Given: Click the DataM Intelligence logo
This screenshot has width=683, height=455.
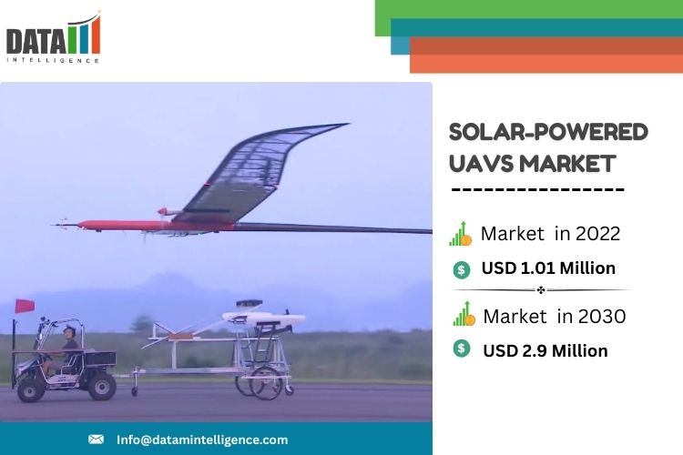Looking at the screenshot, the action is click(x=54, y=38).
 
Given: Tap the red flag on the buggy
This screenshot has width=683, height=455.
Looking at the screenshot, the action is click(x=25, y=306).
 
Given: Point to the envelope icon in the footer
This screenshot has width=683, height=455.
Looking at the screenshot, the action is click(x=96, y=440).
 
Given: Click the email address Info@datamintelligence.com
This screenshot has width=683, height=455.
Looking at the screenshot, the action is click(x=202, y=440).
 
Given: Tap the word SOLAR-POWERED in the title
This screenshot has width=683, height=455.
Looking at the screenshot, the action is click(x=548, y=132).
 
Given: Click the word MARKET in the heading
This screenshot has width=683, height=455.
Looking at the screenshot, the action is click(x=567, y=164).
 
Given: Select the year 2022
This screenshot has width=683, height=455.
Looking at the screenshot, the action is click(x=597, y=234).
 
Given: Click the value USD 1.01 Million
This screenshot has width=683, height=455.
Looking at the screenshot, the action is click(x=548, y=268).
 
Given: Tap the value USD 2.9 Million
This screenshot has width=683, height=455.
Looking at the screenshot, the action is click(x=545, y=351).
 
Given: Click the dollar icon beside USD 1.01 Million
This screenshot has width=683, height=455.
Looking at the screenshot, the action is click(x=462, y=270).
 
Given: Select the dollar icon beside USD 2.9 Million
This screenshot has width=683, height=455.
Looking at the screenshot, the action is click(x=462, y=349).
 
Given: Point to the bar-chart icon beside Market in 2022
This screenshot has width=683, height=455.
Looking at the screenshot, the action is click(x=461, y=234).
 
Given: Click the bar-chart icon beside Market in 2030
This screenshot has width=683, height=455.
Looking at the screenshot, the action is click(x=464, y=313).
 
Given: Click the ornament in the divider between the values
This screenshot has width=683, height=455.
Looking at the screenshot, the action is click(x=541, y=290).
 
